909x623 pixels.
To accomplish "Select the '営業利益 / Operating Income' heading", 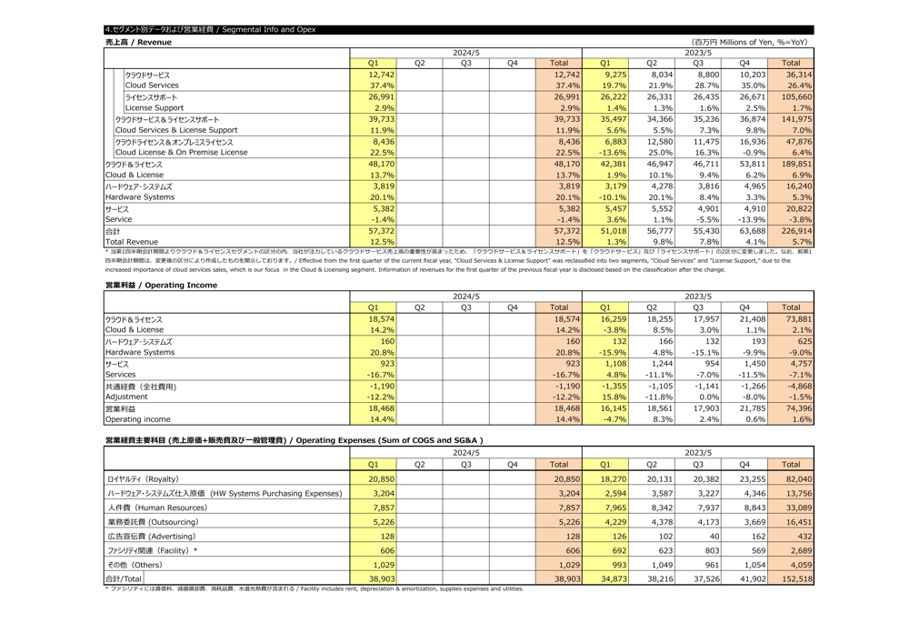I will click(x=161, y=285).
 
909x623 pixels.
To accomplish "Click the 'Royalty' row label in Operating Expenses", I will click(x=142, y=478).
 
